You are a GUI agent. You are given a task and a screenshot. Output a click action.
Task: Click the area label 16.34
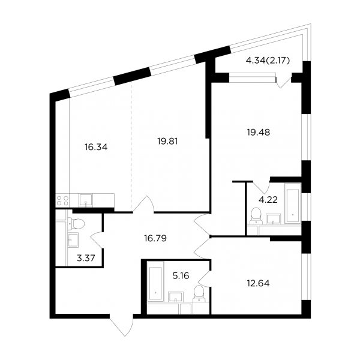pos(96,147)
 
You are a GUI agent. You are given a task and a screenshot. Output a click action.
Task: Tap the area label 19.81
pos(167,141)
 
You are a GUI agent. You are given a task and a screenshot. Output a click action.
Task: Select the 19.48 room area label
pos(258,132)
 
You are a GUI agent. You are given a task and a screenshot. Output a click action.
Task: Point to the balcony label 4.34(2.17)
pos(268,61)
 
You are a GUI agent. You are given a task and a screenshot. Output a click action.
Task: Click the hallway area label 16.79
pos(155,238)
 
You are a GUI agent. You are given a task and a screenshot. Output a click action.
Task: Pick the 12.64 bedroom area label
pos(258,283)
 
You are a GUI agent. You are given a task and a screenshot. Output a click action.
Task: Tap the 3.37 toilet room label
pos(86,258)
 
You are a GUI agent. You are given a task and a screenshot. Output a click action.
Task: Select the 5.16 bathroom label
pos(181,275)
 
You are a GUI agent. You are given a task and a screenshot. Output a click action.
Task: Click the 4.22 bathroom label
pos(268,200)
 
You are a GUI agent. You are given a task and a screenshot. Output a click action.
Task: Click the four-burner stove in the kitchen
pos(62,200)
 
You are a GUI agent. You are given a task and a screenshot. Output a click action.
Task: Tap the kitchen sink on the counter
pos(86,200)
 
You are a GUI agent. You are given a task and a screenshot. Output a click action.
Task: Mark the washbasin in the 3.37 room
pos(73,240)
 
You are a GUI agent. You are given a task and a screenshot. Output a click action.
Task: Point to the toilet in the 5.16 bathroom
pos(199,293)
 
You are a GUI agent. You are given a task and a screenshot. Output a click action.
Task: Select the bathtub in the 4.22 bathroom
pos(293,203)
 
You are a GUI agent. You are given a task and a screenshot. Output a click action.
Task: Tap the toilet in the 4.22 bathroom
pos(256,215)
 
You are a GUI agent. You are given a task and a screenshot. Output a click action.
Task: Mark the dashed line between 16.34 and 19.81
pos(131,146)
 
